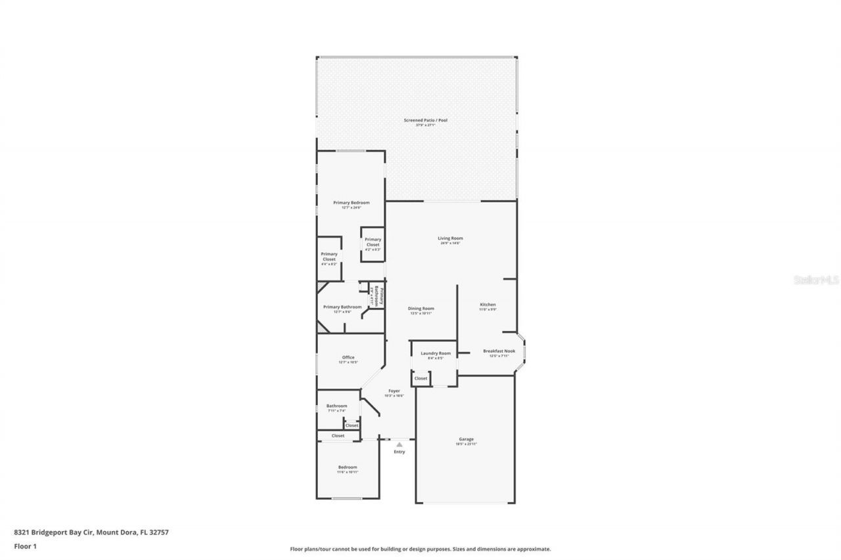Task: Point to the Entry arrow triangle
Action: [x=399, y=444]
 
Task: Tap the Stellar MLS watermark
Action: [x=817, y=280]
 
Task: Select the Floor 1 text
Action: [x=25, y=546]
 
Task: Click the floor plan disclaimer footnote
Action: [x=420, y=549]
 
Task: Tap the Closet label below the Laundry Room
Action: [x=420, y=378]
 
